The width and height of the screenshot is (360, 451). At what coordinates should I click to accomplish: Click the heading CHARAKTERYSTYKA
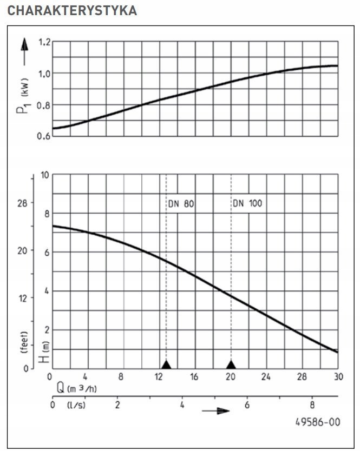coord(72,11)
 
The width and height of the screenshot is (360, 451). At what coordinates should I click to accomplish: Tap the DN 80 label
coord(179,204)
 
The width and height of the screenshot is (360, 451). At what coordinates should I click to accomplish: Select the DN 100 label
coord(247,204)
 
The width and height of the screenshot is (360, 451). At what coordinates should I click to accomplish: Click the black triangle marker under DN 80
coord(166,364)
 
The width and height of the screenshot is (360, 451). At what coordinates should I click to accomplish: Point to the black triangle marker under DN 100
coord(231,364)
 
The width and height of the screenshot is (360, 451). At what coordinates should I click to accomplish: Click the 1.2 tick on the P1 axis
coord(45,42)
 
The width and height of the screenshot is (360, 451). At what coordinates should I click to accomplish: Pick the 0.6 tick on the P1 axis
coord(45,135)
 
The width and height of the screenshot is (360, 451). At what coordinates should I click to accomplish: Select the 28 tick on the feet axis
coord(22,202)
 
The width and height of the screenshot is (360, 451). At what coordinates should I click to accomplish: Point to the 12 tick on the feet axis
coord(22,297)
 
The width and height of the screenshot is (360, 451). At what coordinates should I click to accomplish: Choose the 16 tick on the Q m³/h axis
coord(194,377)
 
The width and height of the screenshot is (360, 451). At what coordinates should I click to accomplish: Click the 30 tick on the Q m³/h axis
coord(338,377)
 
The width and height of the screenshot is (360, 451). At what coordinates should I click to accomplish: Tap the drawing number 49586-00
coord(318,422)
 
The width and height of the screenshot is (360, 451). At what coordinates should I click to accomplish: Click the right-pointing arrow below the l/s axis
coord(215,411)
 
